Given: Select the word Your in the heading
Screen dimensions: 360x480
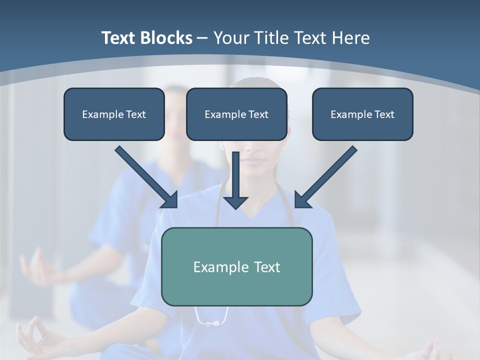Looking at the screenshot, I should pos(232,38).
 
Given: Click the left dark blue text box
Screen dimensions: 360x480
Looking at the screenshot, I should pos(114,114).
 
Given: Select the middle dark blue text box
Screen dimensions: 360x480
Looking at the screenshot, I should pos(236,114).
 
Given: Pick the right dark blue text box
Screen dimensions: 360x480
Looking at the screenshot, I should pos(362,114).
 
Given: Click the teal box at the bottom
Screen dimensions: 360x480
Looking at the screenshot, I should pos(236,266).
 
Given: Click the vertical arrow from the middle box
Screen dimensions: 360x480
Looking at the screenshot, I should pos(235,175).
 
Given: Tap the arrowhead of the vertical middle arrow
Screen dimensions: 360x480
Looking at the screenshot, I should pos(235,202).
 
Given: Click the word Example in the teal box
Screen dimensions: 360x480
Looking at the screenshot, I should pos(215,267).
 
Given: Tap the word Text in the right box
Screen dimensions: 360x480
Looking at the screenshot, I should pos(384,114).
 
